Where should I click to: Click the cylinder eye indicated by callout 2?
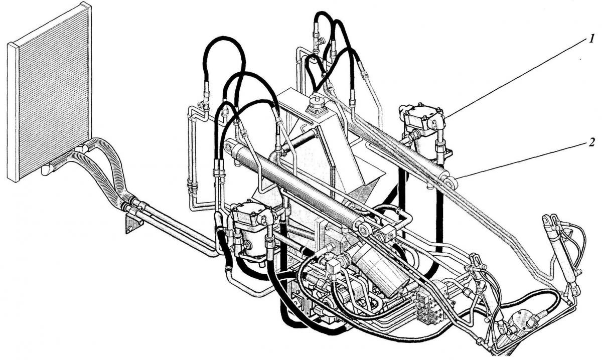point(449,182)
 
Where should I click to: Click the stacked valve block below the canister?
point(429,309)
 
